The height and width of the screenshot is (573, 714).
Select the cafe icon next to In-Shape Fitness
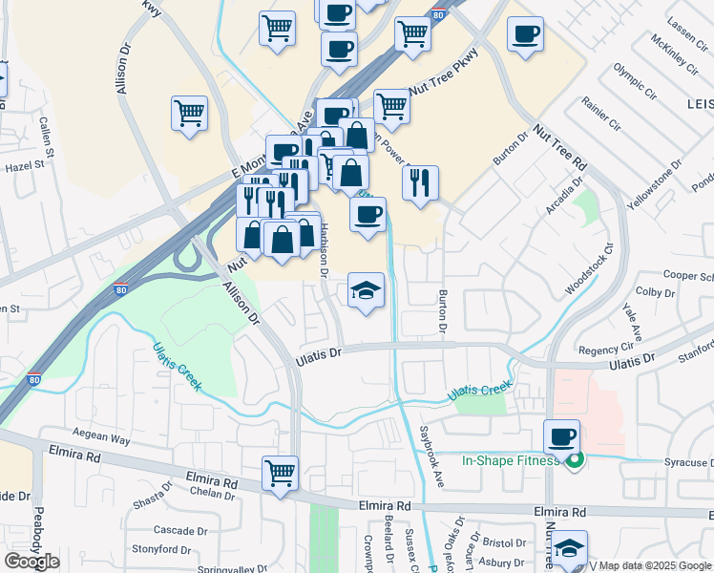(x=560, y=437)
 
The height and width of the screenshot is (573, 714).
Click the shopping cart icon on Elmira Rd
(x=281, y=473)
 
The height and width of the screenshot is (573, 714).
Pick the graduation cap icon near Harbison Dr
(x=367, y=290)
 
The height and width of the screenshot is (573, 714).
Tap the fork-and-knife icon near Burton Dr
(x=420, y=181)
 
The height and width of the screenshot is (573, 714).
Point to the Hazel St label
(x=26, y=165)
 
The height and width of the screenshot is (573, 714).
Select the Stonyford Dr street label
(x=157, y=549)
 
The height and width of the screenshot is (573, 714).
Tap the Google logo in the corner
(x=31, y=562)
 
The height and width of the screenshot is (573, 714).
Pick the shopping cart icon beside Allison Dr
(x=189, y=113)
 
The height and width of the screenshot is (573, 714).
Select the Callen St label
(x=44, y=136)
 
